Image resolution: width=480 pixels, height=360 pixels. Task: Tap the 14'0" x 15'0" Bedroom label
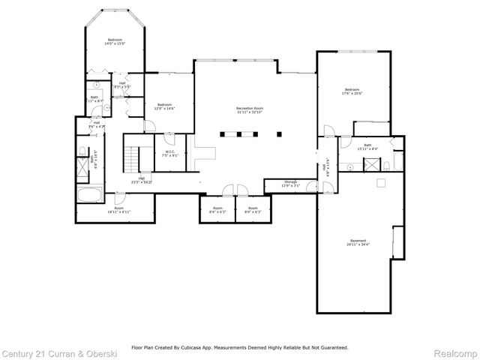click(x=115, y=41)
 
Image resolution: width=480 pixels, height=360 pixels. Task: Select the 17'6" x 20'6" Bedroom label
click(x=352, y=91)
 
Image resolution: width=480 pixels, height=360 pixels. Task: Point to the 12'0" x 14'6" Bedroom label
click(x=164, y=106)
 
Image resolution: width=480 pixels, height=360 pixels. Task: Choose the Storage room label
click(x=290, y=183)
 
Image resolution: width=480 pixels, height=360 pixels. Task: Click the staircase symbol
click(x=132, y=157)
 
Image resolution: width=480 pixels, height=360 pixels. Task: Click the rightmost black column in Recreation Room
click(x=278, y=135)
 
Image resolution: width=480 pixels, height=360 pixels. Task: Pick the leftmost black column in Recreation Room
click(x=223, y=135)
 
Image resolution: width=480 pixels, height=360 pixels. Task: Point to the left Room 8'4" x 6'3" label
click(x=217, y=210)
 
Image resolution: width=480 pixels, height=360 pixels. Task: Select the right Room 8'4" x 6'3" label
click(x=253, y=210)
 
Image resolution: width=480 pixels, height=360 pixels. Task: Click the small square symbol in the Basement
click(x=380, y=182)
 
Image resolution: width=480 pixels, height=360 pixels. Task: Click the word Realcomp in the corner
click(x=455, y=352)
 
